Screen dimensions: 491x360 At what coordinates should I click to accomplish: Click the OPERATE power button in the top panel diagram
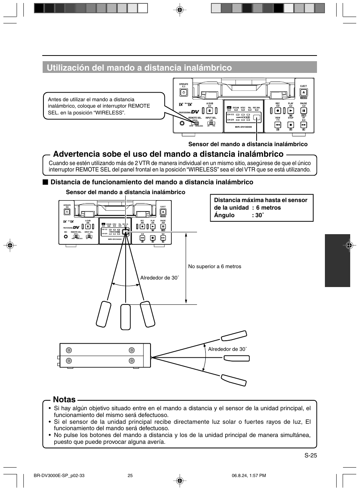(183, 92)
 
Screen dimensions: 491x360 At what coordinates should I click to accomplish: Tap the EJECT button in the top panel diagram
(304, 93)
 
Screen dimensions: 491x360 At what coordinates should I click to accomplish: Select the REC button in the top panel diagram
(278, 111)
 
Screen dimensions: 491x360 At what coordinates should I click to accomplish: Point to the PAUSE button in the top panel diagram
(304, 111)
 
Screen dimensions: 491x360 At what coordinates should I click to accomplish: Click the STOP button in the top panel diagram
(291, 124)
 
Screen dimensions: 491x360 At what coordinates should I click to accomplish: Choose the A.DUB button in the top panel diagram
(210, 111)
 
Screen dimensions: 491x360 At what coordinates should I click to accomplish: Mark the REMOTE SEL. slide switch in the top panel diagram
(195, 123)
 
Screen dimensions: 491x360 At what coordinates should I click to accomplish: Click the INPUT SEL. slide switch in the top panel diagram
(211, 123)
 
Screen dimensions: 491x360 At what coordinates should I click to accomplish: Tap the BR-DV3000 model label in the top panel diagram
(243, 127)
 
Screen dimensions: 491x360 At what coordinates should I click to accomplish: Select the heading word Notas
(64, 400)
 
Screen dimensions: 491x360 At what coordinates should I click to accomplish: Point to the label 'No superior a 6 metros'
(215, 267)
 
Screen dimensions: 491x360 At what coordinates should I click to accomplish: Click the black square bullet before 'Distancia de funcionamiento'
(45, 182)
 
